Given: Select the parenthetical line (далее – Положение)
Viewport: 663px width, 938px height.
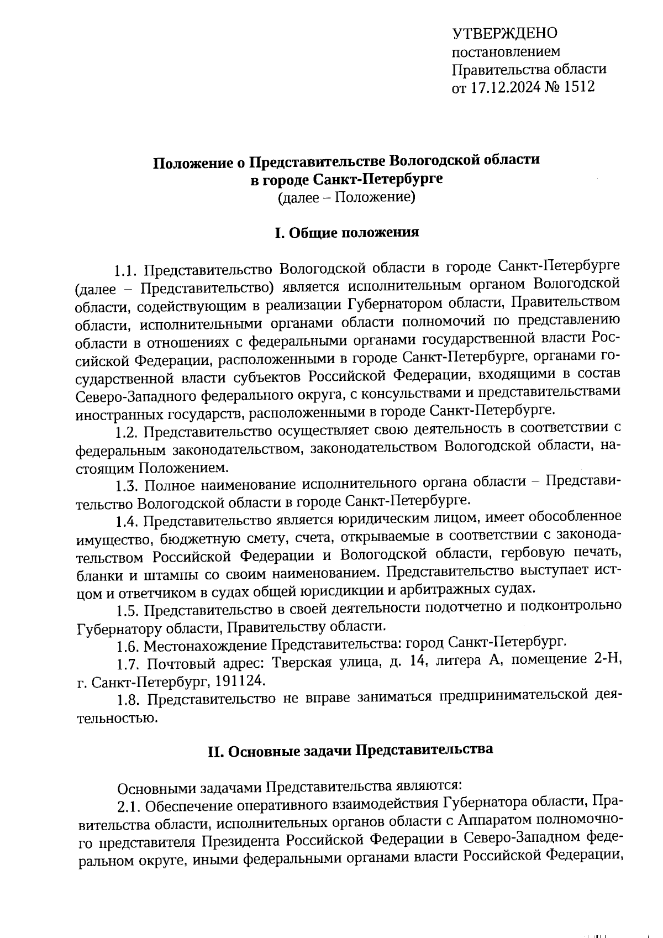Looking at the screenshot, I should point(346,197).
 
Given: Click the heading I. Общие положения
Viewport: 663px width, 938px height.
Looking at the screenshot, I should point(346,233).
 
